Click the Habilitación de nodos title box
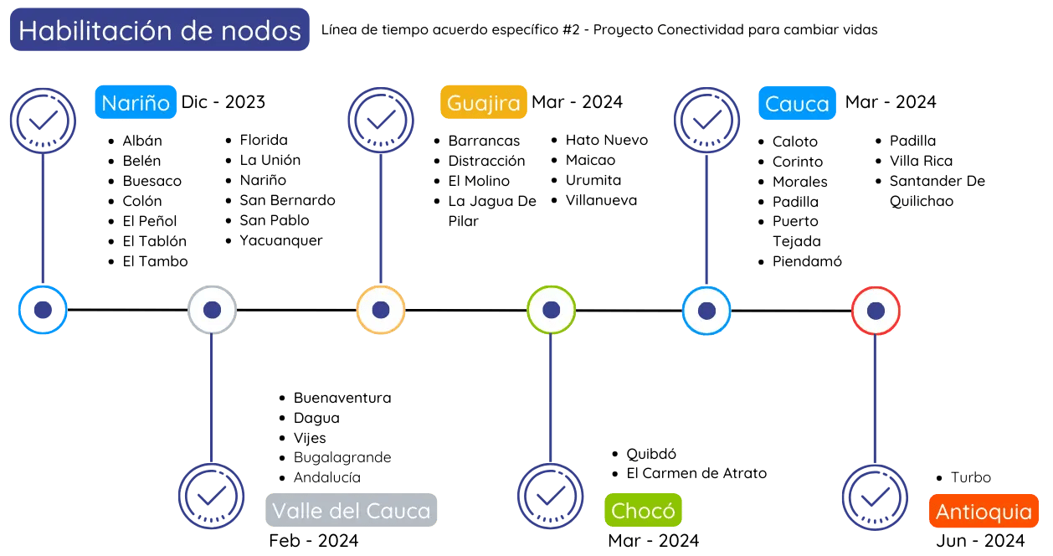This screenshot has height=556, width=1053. coord(159,31)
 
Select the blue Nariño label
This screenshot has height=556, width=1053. coord(136,103)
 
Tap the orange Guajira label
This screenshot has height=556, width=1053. coord(484,103)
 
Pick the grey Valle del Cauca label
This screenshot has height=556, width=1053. coord(352,510)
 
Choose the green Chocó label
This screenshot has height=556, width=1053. coord(643,510)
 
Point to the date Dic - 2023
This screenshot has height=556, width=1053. coord(223,102)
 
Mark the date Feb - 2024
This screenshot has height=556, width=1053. coord(313,540)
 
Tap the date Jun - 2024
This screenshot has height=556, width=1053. coord(980,540)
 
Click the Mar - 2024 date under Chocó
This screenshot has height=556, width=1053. coord(653,540)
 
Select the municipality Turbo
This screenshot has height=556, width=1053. coord(970,478)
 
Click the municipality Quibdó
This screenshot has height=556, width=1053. coord(651,454)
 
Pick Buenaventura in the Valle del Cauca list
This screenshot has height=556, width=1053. coord(342,398)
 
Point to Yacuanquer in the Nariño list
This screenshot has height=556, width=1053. coord(281,240)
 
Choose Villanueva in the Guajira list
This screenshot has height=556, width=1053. coord(601,200)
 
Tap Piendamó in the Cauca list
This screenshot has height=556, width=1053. coord(807,261)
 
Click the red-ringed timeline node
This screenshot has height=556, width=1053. coord(876,311)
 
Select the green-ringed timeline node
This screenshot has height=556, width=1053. coord(551,311)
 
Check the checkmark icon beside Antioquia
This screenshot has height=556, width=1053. coord(875,497)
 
